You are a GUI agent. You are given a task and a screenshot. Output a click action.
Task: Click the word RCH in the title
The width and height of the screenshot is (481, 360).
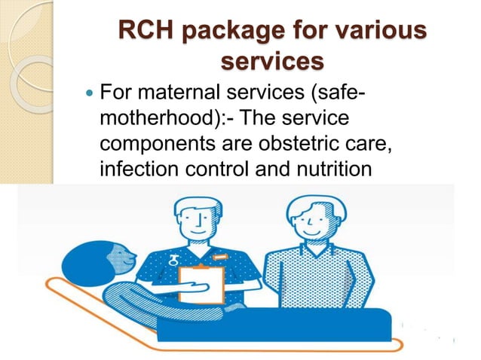click(148, 33)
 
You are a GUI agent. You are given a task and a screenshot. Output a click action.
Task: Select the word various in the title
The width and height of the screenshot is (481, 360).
click(370, 33)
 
